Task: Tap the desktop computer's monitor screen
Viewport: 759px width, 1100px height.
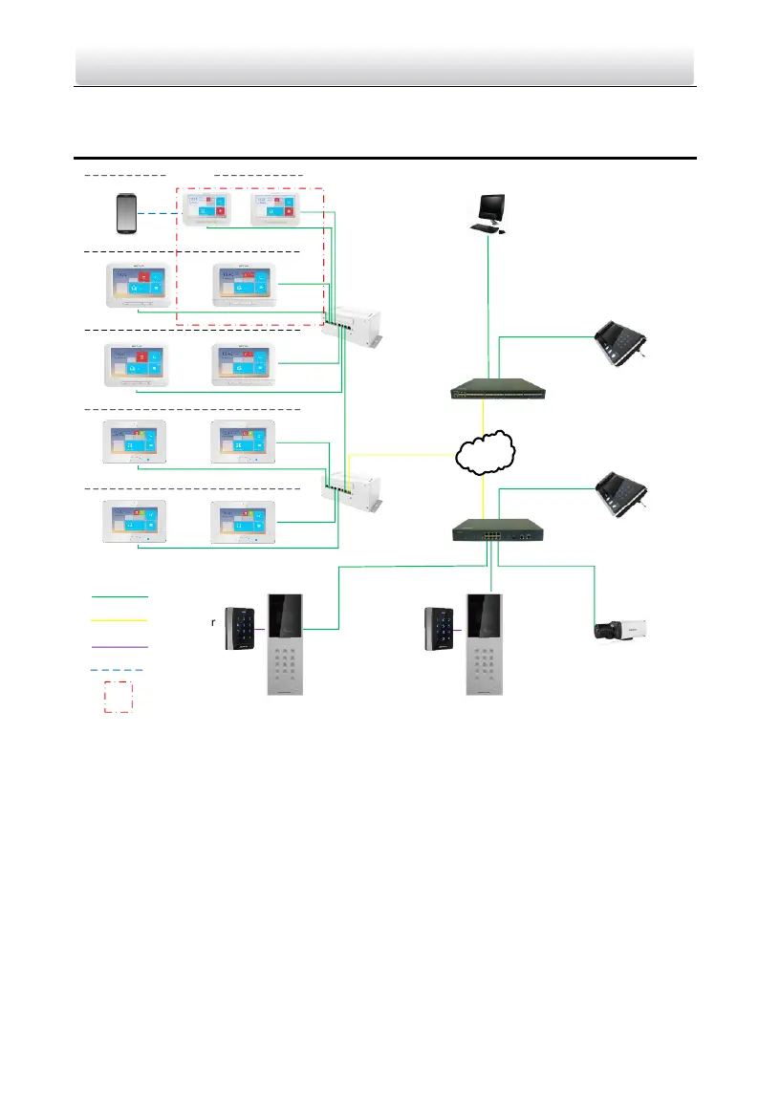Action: pos(490,206)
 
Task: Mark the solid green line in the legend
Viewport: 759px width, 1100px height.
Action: pos(120,595)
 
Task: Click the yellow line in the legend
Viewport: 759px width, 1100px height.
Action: pos(120,620)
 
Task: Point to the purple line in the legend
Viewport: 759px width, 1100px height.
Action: pos(120,646)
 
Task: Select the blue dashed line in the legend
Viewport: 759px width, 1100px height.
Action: pos(120,671)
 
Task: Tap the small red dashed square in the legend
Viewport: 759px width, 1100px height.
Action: pos(117,698)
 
